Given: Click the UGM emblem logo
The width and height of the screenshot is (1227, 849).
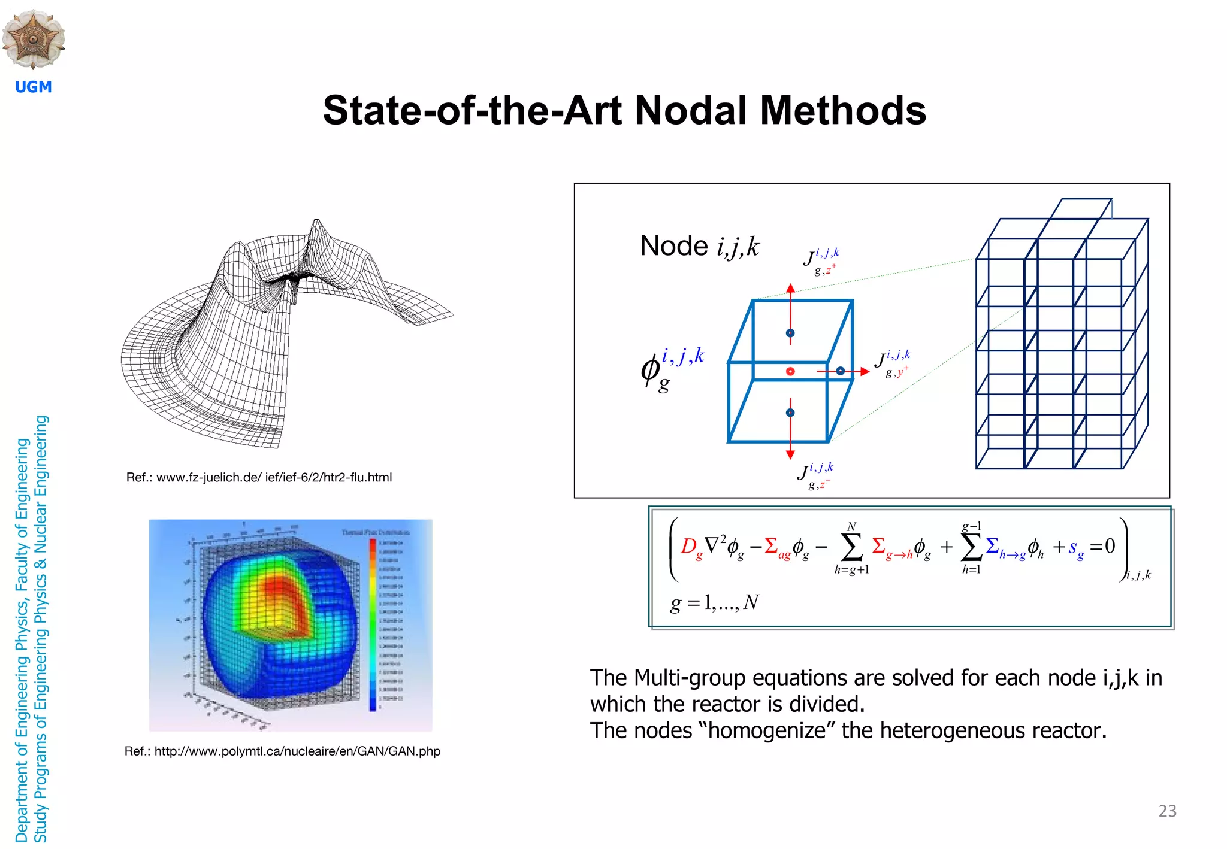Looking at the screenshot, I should pos(34,38).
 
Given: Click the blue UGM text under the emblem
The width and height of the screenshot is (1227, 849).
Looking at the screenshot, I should pos(34,87).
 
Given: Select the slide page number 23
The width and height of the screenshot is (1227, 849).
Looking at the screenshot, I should pos(1167,811).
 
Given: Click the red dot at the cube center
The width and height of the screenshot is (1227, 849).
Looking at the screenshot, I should pos(790,372).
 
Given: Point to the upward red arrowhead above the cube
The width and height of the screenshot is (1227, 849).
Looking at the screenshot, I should pos(790,289).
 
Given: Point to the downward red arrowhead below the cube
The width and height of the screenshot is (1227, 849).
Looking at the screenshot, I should pos(790,454).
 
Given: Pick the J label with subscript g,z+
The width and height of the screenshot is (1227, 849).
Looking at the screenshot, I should pos(821,261).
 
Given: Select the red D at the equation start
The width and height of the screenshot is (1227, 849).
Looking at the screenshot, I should pos(689,546).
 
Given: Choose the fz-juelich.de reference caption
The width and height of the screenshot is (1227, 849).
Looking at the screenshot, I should pos(259,477).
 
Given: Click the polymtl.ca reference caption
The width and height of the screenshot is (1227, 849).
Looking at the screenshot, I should pos(282,751).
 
